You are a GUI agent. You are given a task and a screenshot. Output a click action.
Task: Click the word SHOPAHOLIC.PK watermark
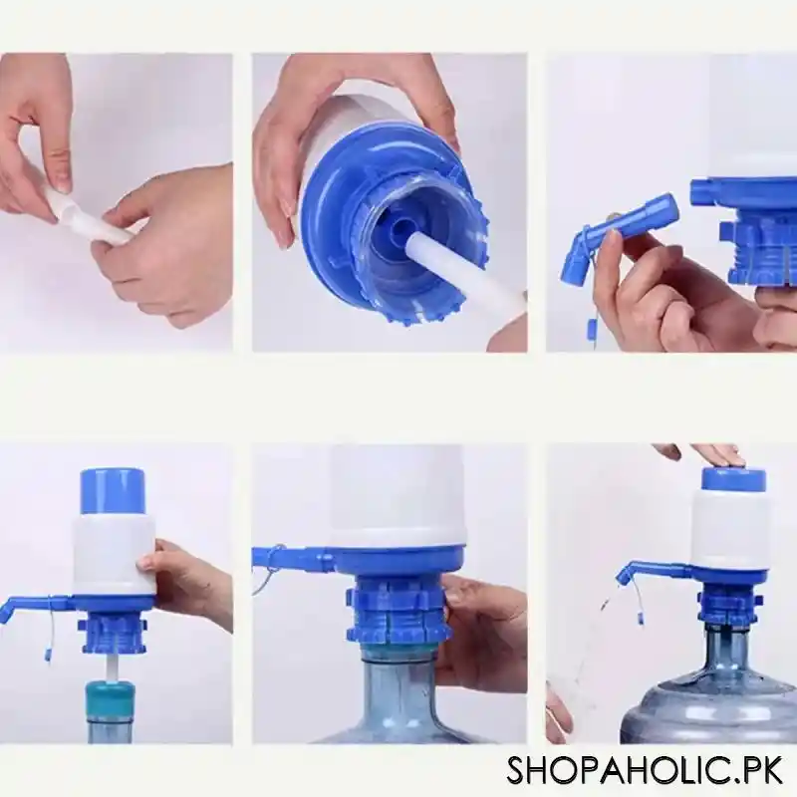coord(644,770)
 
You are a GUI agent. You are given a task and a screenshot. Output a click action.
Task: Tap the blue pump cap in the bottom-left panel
coord(112,491)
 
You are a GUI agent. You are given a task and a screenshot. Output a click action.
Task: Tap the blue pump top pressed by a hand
coord(733,478)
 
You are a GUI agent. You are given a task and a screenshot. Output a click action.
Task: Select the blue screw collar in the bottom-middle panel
coord(397,610)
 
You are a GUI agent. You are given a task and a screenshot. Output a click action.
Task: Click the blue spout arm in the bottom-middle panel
coord(294,559)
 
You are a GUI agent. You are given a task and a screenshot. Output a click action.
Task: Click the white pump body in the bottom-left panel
coord(114,554)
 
